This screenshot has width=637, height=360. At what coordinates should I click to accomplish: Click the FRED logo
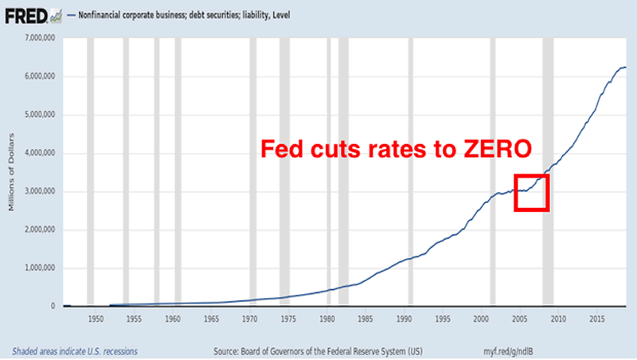(25, 14)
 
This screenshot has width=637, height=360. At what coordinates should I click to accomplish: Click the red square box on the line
(531, 192)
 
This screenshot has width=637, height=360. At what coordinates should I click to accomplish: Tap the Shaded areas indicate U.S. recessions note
(74, 350)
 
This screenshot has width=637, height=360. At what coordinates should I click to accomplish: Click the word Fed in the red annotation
(283, 149)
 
